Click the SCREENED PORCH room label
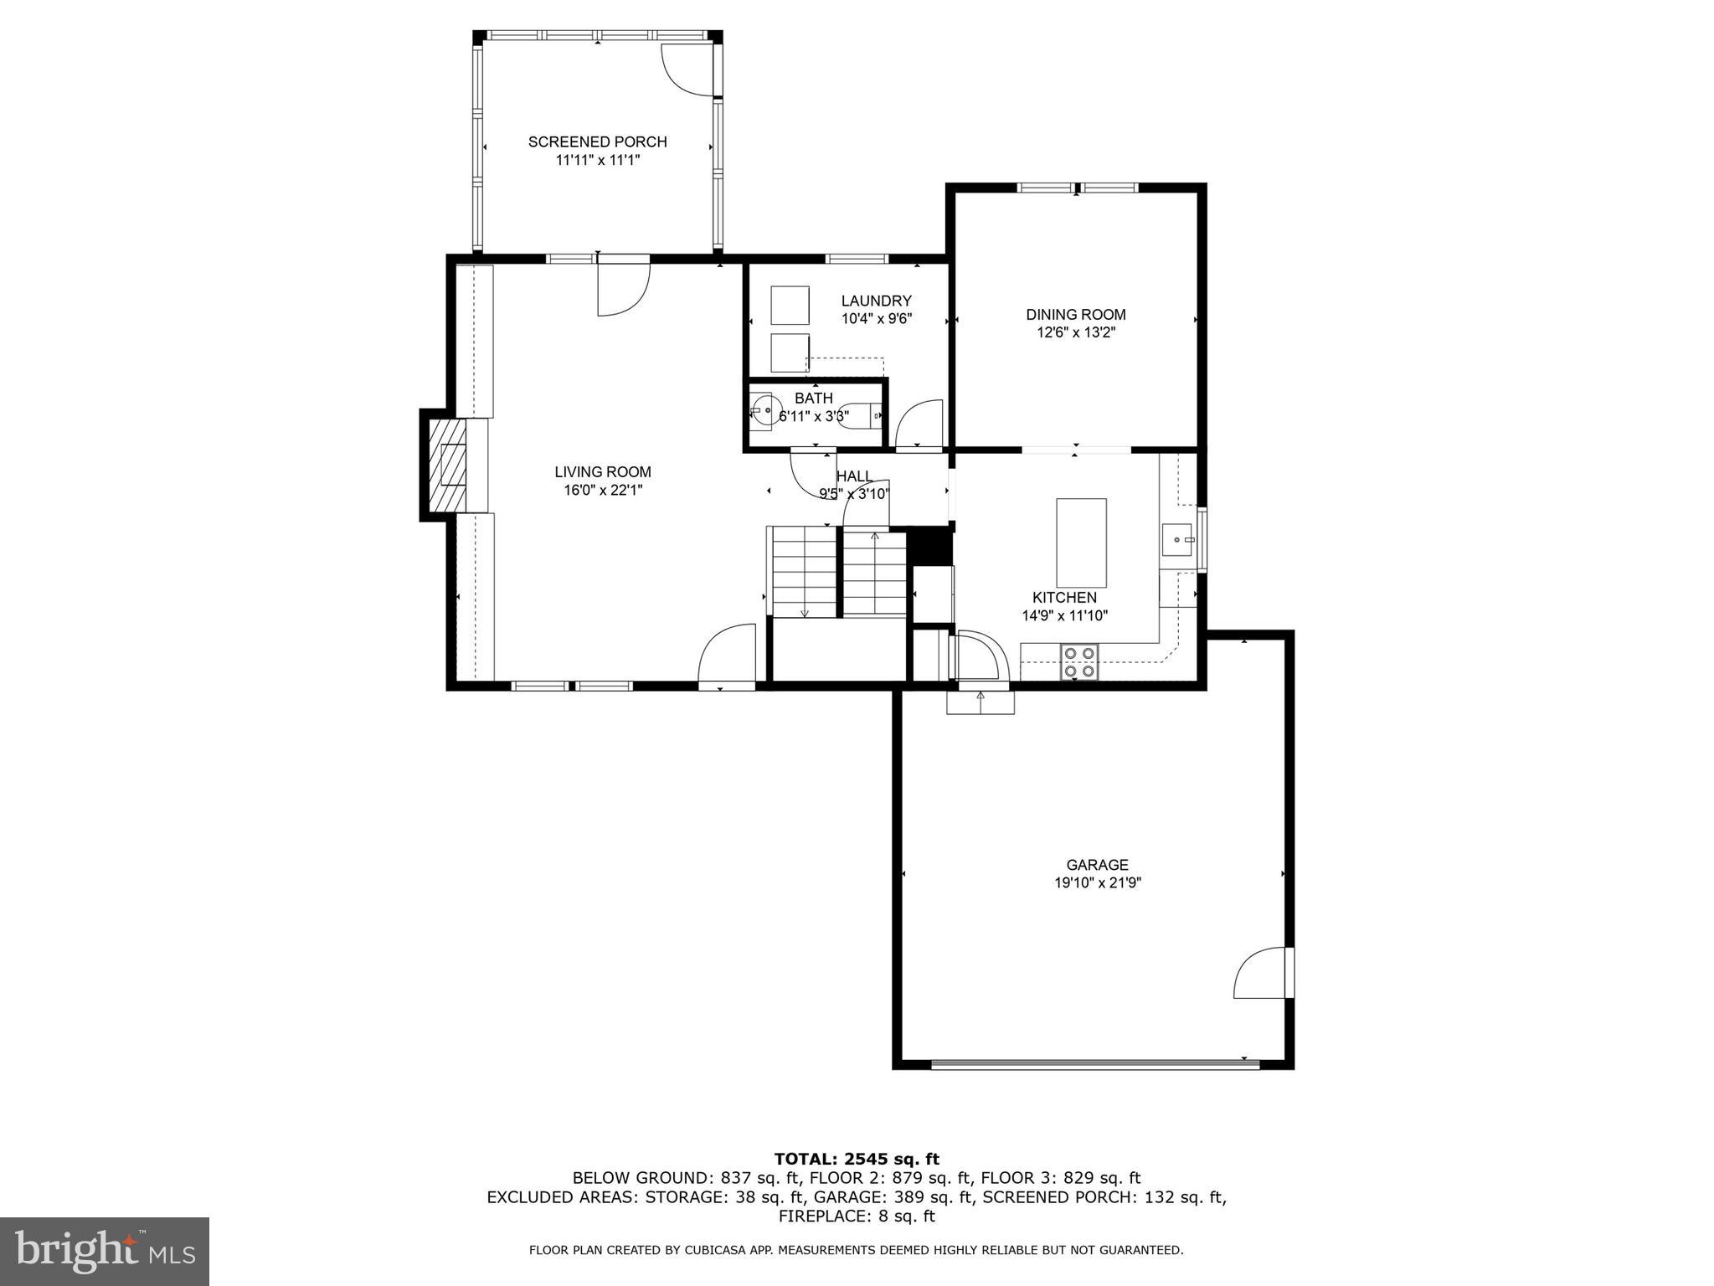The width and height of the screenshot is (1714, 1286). tap(597, 142)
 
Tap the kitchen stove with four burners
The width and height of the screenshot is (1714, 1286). tap(1079, 661)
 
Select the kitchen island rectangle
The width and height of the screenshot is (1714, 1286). tap(1081, 543)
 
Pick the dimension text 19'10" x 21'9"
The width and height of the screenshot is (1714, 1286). tap(1097, 882)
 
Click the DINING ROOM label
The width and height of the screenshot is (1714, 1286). tap(1075, 315)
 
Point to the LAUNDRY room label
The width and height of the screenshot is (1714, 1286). tap(876, 301)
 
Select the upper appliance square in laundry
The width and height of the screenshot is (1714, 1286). tap(790, 305)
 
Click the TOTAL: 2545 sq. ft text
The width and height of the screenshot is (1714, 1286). tap(856, 1159)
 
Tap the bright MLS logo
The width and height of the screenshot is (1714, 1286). tap(105, 1251)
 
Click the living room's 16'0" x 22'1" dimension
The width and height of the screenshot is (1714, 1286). tap(603, 491)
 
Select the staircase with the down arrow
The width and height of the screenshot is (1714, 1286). tap(804, 572)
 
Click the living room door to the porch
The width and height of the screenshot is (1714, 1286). tap(623, 287)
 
